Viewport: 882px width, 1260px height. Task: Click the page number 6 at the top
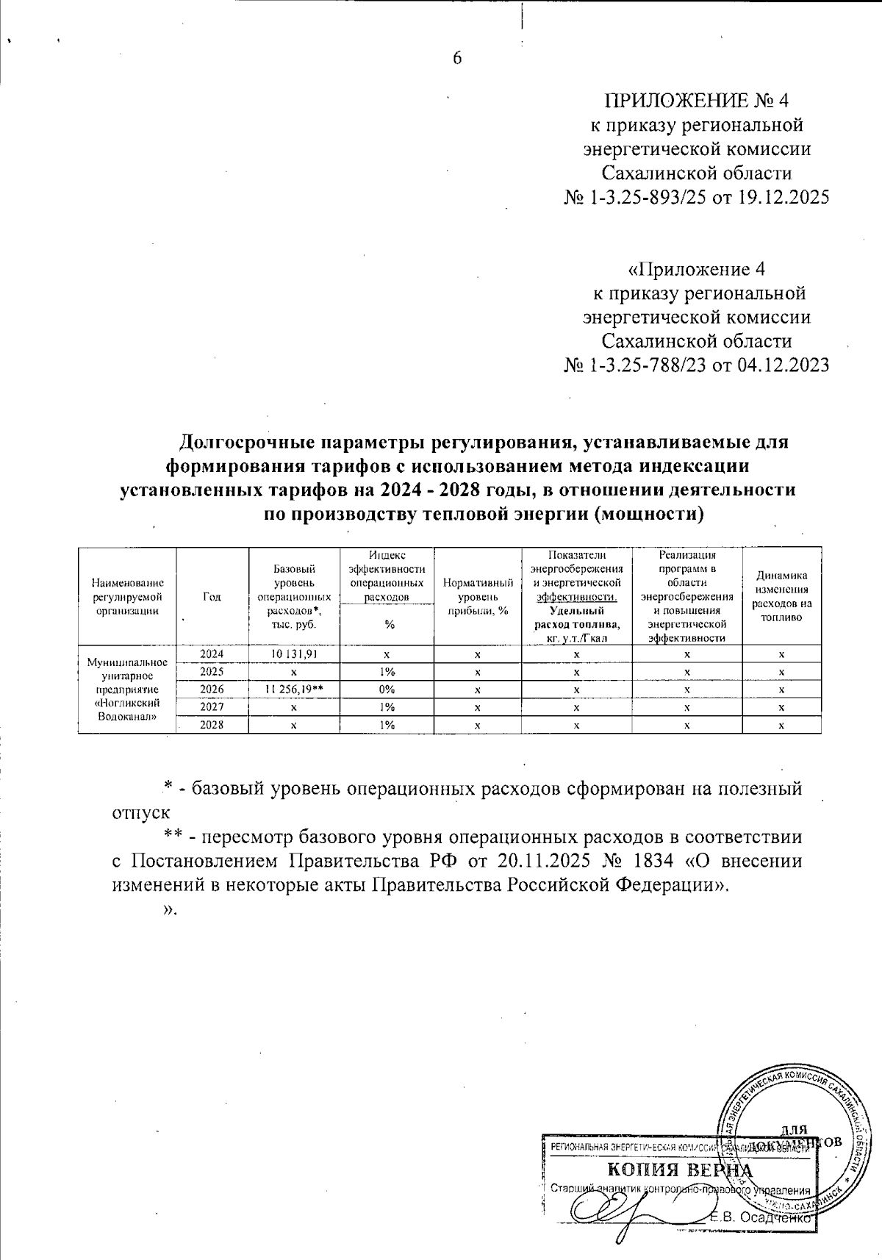tap(456, 59)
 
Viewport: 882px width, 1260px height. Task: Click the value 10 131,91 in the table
tap(294, 654)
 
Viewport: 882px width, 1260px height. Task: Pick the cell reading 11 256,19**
tap(294, 690)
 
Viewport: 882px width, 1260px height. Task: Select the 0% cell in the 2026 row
tap(387, 690)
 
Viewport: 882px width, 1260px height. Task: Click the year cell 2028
tap(212, 725)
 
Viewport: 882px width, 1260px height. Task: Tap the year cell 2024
tap(212, 654)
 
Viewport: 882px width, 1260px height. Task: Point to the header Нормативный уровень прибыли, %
tap(478, 597)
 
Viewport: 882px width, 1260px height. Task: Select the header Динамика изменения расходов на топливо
tap(781, 597)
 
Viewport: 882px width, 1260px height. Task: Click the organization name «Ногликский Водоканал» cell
tap(127, 689)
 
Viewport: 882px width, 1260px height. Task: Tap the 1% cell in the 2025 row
tap(387, 671)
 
